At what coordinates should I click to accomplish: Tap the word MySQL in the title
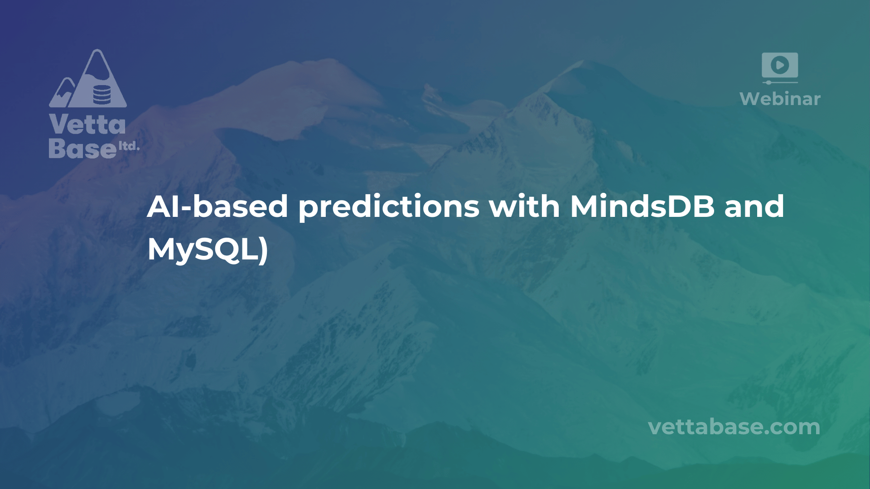(x=203, y=249)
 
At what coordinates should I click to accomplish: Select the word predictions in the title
(x=389, y=207)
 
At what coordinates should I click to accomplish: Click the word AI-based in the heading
(x=217, y=206)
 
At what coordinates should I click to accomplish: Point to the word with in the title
(x=524, y=206)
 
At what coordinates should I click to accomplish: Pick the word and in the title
(x=754, y=206)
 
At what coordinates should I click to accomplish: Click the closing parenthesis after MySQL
(x=264, y=250)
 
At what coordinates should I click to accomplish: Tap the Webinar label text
(x=780, y=99)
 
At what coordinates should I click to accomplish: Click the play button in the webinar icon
(x=780, y=65)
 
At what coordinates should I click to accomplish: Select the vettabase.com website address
(x=734, y=427)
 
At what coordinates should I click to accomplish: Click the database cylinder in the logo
(x=101, y=94)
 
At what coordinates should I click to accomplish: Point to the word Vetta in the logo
(x=87, y=125)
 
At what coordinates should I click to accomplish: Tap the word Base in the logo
(x=82, y=148)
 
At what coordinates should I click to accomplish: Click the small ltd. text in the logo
(x=129, y=146)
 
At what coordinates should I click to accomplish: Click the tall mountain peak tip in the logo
(x=97, y=53)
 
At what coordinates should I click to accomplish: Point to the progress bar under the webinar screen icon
(x=780, y=82)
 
